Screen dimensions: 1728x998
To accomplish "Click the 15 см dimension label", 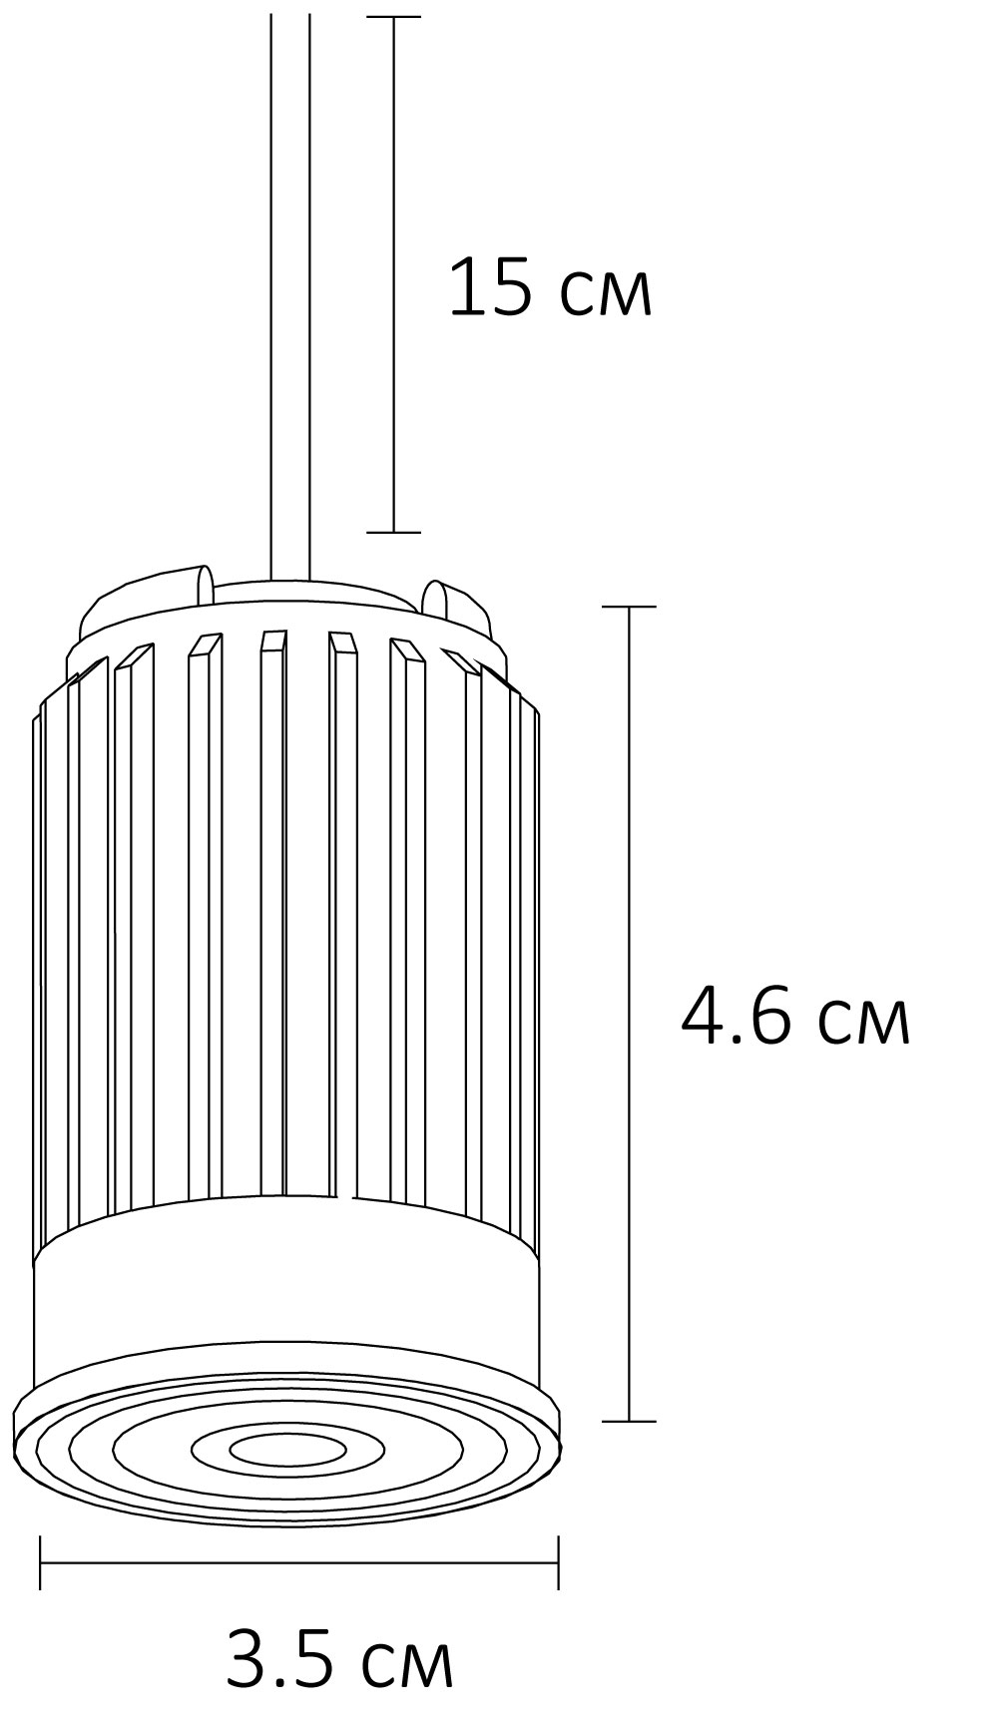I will point(550,287).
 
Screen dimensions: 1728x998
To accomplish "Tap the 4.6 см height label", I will point(794,1018).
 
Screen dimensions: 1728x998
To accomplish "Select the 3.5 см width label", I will point(339,1659).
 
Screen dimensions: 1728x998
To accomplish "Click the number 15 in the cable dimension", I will point(489,287).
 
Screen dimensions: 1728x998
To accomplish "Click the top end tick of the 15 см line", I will point(393,17).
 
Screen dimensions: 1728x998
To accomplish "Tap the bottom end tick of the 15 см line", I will point(393,532).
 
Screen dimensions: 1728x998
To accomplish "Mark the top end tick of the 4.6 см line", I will point(629,606).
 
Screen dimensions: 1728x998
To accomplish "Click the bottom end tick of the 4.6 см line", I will point(629,1421).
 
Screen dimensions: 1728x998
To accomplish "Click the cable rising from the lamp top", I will point(290,299).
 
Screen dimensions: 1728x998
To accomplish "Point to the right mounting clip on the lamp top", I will point(437,597).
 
